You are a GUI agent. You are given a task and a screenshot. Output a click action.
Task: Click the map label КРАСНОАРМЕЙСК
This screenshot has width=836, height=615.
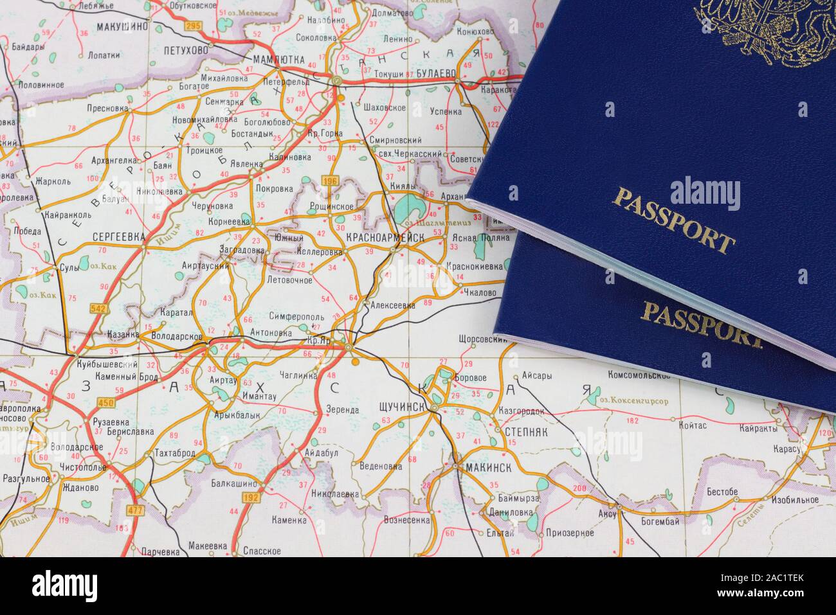tap(385, 238)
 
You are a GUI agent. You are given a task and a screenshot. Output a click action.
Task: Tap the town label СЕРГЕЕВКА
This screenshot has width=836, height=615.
tap(119, 236)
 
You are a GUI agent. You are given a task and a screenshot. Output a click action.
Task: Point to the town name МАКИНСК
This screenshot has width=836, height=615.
tap(482, 468)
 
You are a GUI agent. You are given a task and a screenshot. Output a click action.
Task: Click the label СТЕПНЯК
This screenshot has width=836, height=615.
tap(527, 432)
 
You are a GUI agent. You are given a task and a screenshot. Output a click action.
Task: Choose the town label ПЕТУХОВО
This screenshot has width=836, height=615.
tap(186, 49)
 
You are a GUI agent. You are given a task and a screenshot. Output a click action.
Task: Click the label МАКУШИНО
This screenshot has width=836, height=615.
tap(122, 27)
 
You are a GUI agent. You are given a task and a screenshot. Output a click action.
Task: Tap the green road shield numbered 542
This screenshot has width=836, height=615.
tap(98, 308)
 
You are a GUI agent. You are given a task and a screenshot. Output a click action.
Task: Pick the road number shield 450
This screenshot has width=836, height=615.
tap(105, 403)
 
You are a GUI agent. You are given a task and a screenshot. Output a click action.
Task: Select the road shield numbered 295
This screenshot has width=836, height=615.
tap(192, 25)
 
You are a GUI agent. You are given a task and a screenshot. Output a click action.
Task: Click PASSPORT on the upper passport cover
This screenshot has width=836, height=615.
tap(673, 218)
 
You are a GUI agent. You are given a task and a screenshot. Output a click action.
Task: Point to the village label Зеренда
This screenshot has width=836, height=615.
tap(342, 409)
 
